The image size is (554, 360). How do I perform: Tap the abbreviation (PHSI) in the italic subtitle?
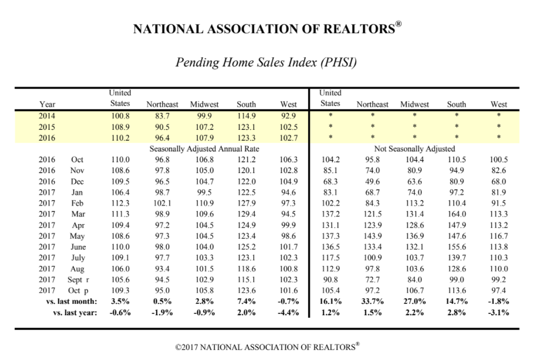pyautogui.click(x=338, y=62)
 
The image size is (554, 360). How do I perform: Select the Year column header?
pyautogui.click(x=47, y=104)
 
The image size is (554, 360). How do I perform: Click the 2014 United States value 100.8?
pyautogui.click(x=120, y=116)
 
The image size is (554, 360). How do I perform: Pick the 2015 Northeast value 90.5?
pyautogui.click(x=162, y=127)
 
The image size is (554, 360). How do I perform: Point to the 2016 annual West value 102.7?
pyautogui.click(x=288, y=138)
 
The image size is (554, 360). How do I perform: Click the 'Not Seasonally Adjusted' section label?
pyautogui.click(x=414, y=149)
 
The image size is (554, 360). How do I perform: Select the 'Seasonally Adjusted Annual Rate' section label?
pyautogui.click(x=204, y=149)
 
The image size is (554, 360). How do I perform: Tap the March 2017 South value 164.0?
pyautogui.click(x=457, y=214)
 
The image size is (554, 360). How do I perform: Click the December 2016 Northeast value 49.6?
pyautogui.click(x=372, y=182)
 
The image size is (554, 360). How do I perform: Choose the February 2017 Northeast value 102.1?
pyautogui.click(x=162, y=203)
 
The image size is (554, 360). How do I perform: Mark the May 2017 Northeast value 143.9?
pyautogui.click(x=372, y=236)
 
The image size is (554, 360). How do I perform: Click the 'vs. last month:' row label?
pyautogui.click(x=72, y=301)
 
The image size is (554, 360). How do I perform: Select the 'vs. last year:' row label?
pyautogui.click(x=75, y=313)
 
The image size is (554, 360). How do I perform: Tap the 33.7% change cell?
pyautogui.click(x=372, y=301)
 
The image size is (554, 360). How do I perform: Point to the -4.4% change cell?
pyautogui.click(x=288, y=313)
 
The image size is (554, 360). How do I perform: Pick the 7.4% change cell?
pyautogui.click(x=246, y=301)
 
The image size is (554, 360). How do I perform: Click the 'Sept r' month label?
pyautogui.click(x=78, y=280)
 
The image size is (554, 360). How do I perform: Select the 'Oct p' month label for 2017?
pyautogui.click(x=78, y=291)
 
